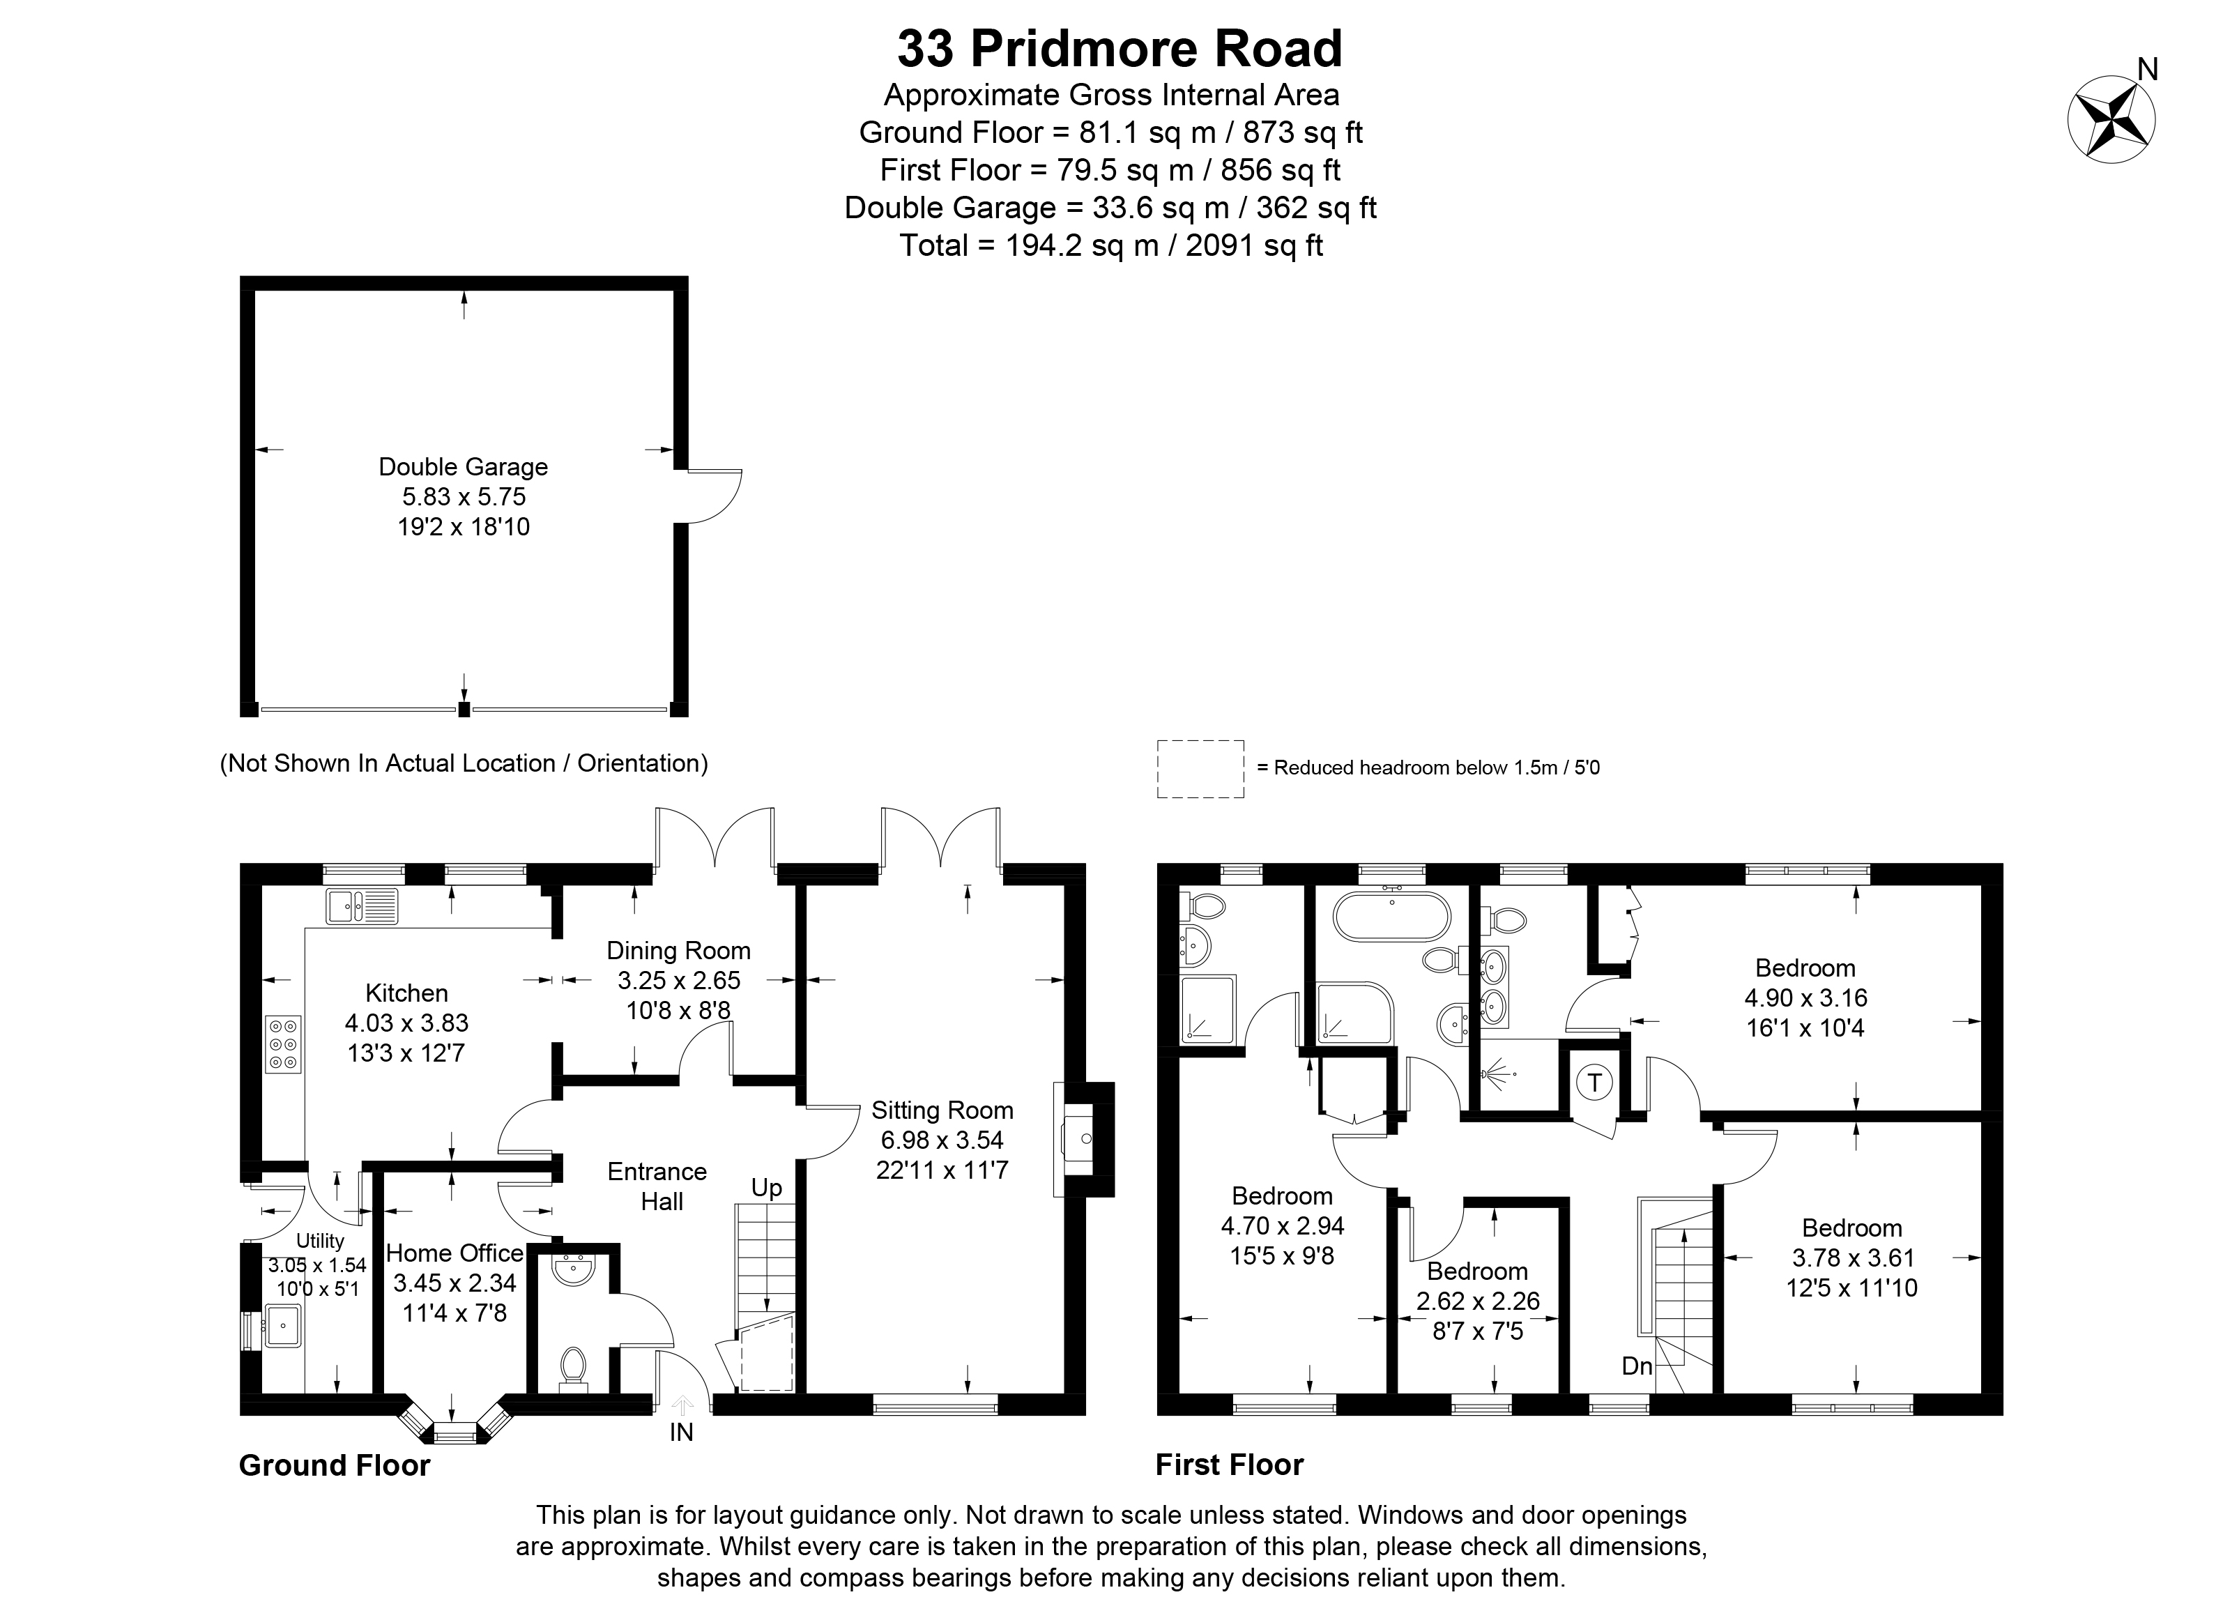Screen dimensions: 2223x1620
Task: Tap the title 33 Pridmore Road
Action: coord(1120,49)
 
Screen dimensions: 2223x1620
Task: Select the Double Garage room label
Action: coord(463,467)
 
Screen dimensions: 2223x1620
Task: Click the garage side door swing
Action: coord(714,496)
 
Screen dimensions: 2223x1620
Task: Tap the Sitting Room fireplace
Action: coord(1083,1140)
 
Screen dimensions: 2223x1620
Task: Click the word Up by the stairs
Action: coord(767,1189)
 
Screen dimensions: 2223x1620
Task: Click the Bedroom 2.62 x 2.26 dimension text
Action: coord(1478,1301)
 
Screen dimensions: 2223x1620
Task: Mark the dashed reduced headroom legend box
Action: coord(1200,769)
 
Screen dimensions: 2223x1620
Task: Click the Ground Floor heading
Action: coord(335,1465)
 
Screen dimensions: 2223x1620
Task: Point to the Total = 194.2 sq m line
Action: coord(1111,245)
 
